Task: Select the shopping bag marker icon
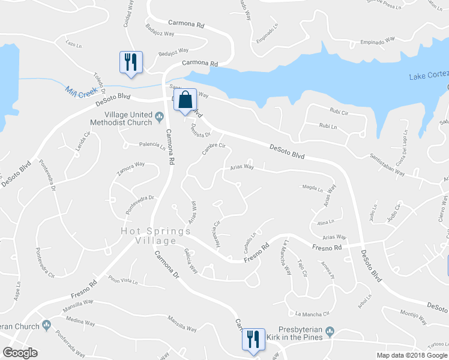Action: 185,99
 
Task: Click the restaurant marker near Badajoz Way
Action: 131,62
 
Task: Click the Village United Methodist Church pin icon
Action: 160,116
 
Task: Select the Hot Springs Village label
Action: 148,235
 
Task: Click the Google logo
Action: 20,353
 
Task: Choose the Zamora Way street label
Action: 131,168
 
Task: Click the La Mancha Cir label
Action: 313,314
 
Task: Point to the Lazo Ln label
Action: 73,44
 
